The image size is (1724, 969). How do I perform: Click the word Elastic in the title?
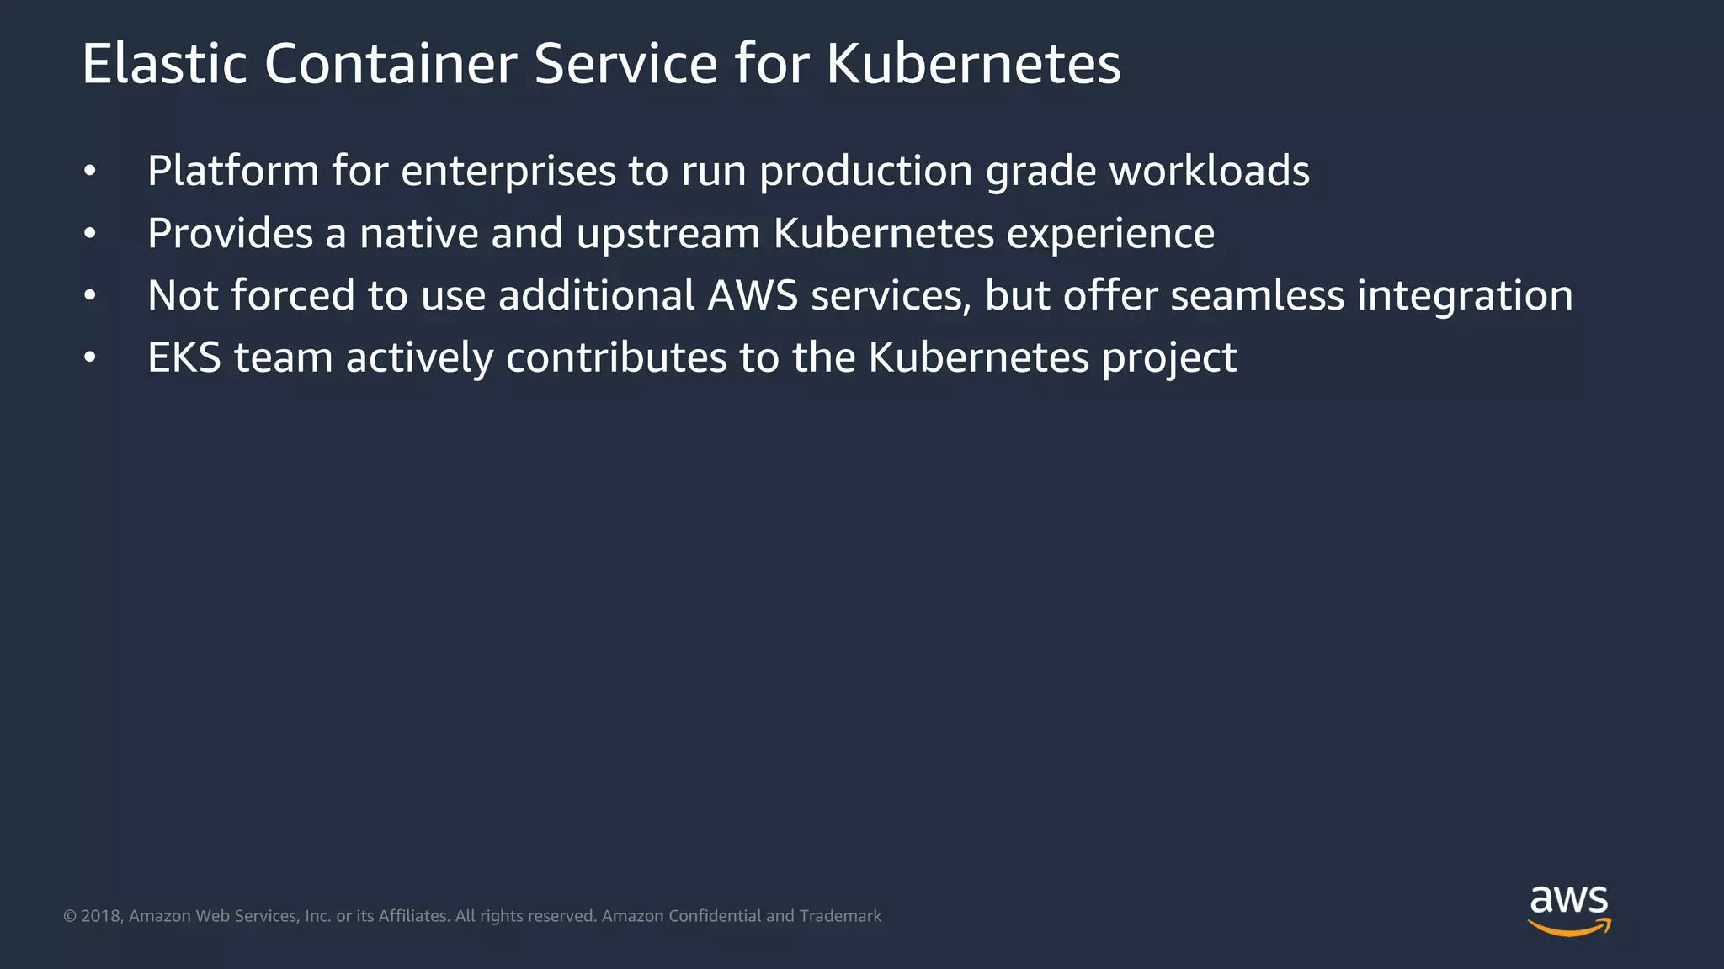[164, 64]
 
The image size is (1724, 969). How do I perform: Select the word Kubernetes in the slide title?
[973, 64]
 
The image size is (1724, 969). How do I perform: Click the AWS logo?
[1569, 909]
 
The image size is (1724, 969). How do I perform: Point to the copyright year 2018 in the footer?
[102, 916]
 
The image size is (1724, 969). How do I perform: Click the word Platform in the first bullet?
[233, 171]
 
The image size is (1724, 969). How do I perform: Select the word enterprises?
[508, 172]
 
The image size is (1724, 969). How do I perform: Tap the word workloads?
[1209, 171]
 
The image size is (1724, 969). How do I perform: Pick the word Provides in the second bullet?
[230, 233]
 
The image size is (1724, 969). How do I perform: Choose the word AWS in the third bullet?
[753, 295]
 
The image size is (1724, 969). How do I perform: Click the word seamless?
[1257, 295]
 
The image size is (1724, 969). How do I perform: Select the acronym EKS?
[184, 357]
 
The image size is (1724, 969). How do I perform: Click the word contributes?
[616, 357]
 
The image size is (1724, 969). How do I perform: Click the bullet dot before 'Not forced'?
[90, 296]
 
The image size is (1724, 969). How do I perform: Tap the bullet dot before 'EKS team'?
[90, 358]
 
